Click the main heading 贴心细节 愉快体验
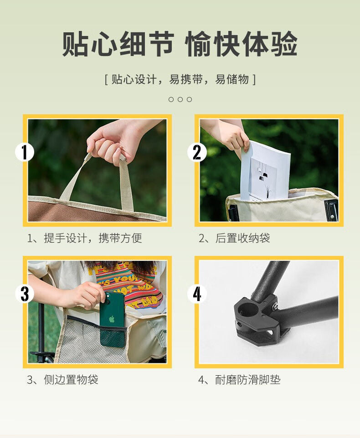180,44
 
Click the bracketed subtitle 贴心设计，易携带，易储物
180,79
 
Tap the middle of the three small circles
180,99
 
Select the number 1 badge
25,152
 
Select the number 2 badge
197,152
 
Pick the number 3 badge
25,294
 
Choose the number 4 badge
197,294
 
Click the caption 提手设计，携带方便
85,238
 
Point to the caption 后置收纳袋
234,238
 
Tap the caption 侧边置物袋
62,380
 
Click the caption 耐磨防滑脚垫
239,380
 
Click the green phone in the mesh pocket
113,318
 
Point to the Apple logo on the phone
112,319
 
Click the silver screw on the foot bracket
276,307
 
